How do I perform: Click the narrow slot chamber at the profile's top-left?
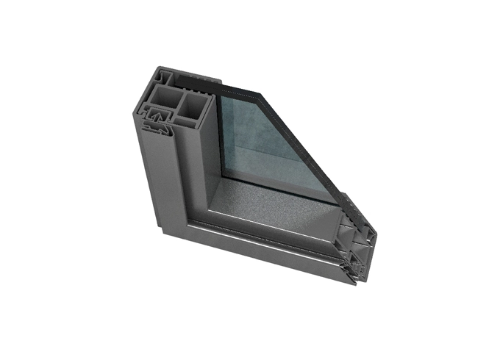(163, 76)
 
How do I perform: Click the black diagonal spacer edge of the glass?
(301, 140)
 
